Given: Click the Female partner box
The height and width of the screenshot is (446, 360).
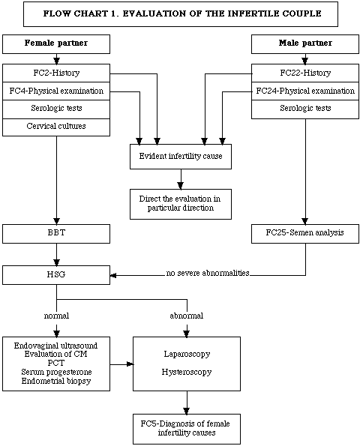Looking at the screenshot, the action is tap(56, 44).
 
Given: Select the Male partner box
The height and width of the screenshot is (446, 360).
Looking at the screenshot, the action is tap(305, 44).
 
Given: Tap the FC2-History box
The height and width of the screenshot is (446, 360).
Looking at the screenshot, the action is tap(56, 73).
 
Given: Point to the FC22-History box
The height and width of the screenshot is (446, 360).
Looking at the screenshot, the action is tap(305, 73).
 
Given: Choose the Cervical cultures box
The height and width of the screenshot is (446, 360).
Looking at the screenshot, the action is tap(56, 127).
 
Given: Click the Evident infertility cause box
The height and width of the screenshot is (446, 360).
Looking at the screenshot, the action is tap(181, 157).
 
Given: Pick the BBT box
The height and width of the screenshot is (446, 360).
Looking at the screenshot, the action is tap(56, 234).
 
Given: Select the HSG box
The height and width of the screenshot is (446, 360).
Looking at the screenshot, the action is tap(56, 275).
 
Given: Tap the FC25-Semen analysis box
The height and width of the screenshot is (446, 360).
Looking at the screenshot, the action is tap(305, 234).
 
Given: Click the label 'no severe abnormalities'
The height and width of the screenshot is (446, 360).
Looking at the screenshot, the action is tap(208, 273).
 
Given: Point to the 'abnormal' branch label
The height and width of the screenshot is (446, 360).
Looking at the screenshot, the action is tap(187, 316).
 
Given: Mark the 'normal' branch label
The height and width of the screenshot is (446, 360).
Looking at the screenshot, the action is tap(56, 316).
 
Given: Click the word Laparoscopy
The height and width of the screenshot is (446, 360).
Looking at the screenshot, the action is tap(187, 354).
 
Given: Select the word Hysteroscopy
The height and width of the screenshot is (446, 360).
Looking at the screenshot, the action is tap(187, 372).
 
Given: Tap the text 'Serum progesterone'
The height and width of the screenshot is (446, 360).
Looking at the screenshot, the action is tap(56, 372).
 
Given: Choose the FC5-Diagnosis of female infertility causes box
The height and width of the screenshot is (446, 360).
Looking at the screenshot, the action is tap(187, 429).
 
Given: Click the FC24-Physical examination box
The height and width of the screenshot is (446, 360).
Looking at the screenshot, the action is tap(305, 91).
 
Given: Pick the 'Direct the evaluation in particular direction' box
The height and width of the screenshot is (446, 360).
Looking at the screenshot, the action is tap(181, 204).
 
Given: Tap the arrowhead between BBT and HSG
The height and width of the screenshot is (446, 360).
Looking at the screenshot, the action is tap(57, 262).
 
